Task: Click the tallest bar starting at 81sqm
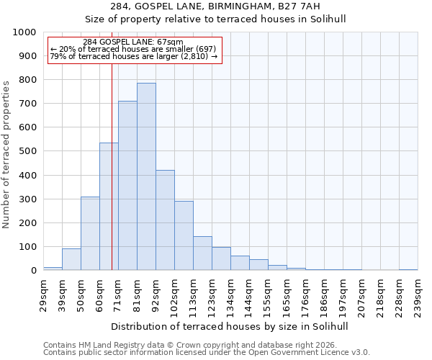tap(146, 176)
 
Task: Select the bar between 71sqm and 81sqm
tap(127, 186)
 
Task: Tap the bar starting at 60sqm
tap(109, 207)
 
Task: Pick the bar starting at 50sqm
tap(90, 233)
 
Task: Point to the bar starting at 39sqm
tap(71, 259)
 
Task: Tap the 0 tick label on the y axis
tap(33, 271)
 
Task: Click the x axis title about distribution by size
tap(230, 326)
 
